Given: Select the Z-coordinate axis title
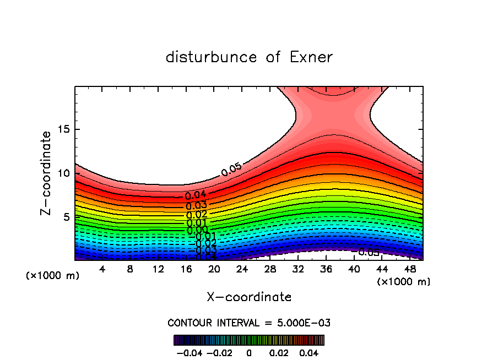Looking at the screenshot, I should [46, 173].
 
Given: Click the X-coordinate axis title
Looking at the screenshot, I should [249, 297].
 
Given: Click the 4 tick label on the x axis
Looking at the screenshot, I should [102, 269].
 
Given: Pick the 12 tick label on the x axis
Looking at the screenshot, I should [158, 269].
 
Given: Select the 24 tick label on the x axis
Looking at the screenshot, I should [242, 269].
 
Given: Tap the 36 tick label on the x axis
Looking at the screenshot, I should [326, 269].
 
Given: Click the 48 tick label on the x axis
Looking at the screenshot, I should [409, 269].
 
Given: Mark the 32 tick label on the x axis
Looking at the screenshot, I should [298, 269].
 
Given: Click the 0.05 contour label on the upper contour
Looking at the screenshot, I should [232, 170].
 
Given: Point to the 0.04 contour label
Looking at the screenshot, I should [196, 195].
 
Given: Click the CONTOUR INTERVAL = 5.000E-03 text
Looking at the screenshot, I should [249, 323].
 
